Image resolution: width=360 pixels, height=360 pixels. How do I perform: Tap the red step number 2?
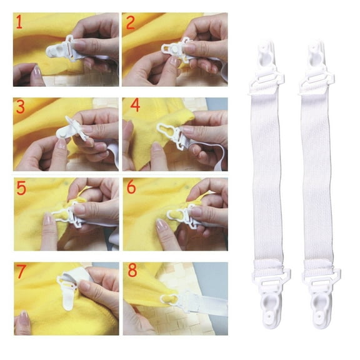[x=131, y=23]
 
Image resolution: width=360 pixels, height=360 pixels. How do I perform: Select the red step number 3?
[x=21, y=107]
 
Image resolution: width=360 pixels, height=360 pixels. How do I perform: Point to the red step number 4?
[x=131, y=107]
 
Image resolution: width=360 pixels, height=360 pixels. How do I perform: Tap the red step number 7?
[x=21, y=272]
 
